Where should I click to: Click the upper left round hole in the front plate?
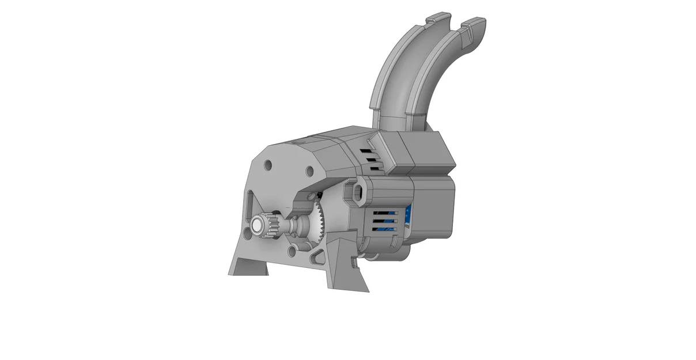click(x=268, y=166)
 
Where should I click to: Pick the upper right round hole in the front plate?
click(x=309, y=171)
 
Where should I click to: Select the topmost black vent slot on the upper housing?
click(x=366, y=151)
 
